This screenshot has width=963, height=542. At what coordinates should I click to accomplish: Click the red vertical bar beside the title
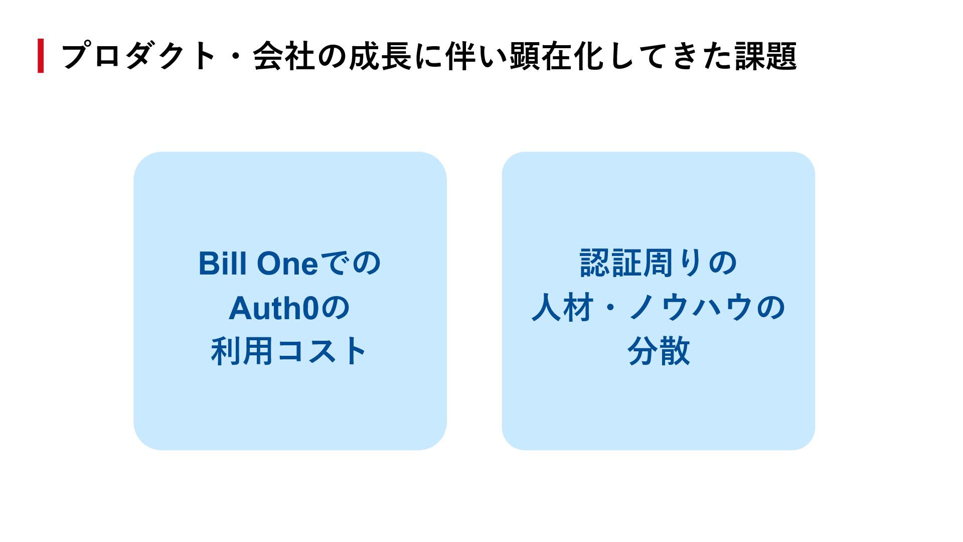[41, 56]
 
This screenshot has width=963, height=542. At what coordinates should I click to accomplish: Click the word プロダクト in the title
[138, 56]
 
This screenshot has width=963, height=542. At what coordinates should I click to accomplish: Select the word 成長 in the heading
[380, 56]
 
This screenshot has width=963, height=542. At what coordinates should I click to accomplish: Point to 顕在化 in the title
[557, 56]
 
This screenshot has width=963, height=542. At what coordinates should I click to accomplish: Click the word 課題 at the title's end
[766, 56]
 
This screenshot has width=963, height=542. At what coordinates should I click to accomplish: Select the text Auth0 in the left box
[274, 308]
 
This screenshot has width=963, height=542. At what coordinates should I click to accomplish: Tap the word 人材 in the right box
[562, 308]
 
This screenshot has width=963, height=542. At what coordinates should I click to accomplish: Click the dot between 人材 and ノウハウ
[610, 308]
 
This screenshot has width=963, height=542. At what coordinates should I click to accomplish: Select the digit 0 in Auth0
[310, 308]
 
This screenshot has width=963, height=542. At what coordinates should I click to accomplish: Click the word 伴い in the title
[476, 56]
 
